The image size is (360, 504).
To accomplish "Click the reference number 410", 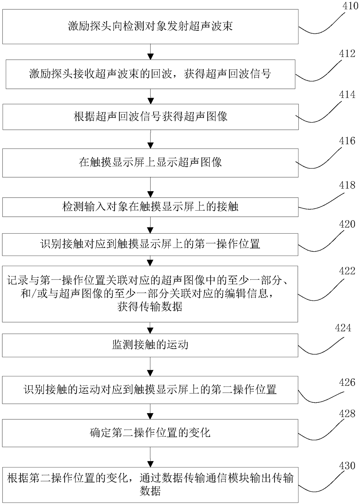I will [x=350, y=6].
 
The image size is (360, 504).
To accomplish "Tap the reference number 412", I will [x=347, y=54].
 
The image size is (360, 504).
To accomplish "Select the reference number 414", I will [x=347, y=95].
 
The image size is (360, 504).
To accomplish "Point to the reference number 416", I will [x=347, y=141].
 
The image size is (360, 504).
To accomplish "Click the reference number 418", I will [x=347, y=185].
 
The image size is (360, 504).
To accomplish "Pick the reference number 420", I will [x=347, y=224].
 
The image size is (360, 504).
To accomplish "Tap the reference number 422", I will [x=347, y=271].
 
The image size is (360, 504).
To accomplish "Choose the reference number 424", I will [x=343, y=328].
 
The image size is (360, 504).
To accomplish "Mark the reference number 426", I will [x=347, y=382].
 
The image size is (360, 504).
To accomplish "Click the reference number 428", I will [x=347, y=414].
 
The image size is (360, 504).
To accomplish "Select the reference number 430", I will [x=347, y=466].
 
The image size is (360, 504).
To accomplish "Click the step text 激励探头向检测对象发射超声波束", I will [x=150, y=26].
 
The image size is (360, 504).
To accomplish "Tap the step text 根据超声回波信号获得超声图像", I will [x=150, y=117].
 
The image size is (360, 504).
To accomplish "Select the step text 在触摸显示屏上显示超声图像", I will [x=150, y=162].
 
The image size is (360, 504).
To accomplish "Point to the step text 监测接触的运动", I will [x=150, y=345].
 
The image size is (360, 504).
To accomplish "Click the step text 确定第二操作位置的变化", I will [x=150, y=433].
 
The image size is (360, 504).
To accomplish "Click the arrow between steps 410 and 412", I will [x=150, y=52].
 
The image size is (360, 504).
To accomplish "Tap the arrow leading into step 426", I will [x=150, y=367].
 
